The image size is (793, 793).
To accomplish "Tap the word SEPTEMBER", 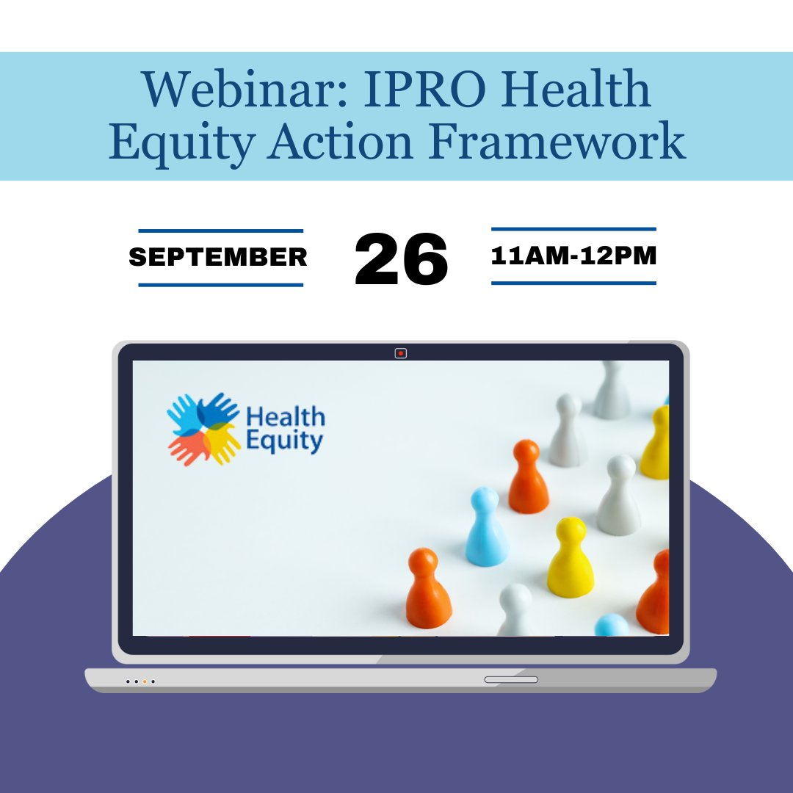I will pyautogui.click(x=218, y=257).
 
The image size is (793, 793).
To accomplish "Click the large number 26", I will pyautogui.click(x=401, y=259).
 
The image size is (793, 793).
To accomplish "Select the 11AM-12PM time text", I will pyautogui.click(x=573, y=256).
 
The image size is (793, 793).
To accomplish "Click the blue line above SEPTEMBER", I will pyautogui.click(x=220, y=231).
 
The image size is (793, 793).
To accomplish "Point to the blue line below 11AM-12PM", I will pyautogui.click(x=573, y=283).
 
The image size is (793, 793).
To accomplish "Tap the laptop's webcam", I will pyautogui.click(x=400, y=353).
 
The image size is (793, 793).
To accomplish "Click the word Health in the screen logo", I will pyautogui.click(x=286, y=418).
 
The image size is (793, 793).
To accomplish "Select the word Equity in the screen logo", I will pyautogui.click(x=284, y=441).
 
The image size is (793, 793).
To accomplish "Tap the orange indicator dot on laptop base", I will pyautogui.click(x=145, y=681).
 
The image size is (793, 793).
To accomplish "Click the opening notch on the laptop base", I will pyautogui.click(x=511, y=680).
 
